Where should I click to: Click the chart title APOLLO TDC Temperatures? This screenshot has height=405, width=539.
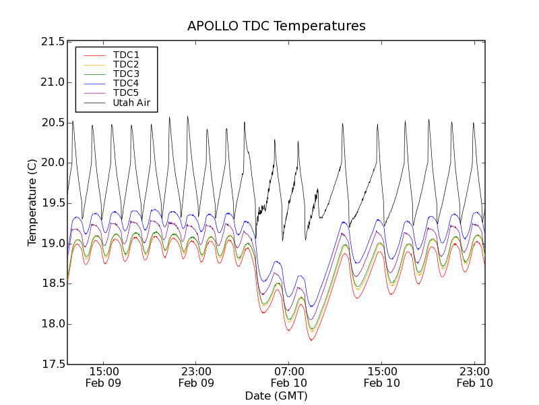point(276,26)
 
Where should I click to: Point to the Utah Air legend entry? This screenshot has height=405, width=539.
point(131,103)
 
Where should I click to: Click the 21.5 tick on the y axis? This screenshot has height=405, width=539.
point(52,42)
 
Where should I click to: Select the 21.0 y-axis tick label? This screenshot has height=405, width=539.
point(52,82)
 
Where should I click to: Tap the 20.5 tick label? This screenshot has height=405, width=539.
point(52,123)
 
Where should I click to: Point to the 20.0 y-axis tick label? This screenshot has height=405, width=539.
point(52,163)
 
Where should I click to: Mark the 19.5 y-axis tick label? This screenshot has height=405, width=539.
point(52,203)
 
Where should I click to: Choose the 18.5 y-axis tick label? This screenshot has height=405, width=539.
point(52,283)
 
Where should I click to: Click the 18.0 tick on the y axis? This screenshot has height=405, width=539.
point(52,324)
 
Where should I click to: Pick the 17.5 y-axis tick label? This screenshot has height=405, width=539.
point(52,364)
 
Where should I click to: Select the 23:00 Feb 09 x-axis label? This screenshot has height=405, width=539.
point(196,377)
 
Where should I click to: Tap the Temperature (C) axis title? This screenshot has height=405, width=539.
point(32,202)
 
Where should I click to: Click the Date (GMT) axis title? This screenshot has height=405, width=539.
point(276,396)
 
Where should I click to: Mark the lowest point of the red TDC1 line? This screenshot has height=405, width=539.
point(311,340)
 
